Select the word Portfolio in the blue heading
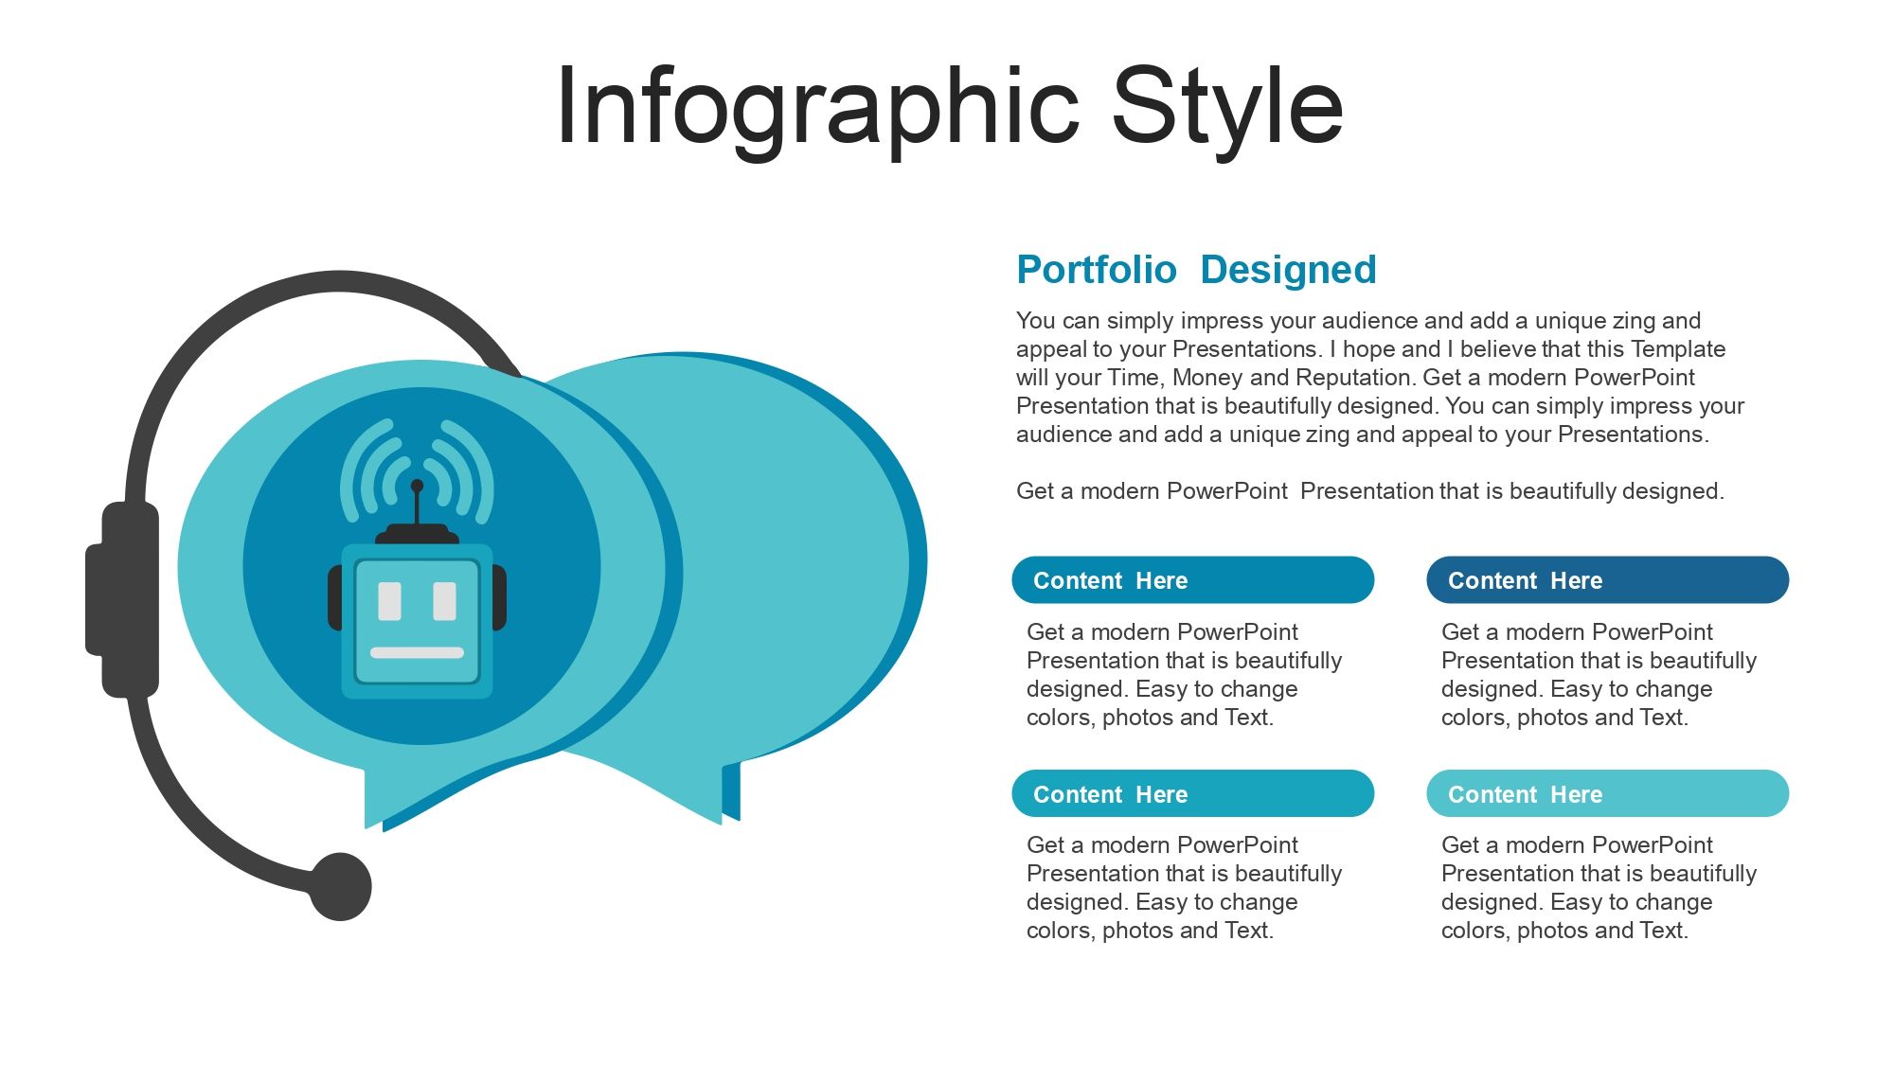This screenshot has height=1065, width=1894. click(1097, 270)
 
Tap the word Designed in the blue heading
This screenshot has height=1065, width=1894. click(1288, 270)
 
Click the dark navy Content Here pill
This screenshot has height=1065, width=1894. click(1607, 579)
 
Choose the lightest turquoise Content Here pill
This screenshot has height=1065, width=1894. click(1607, 793)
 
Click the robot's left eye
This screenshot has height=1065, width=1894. click(389, 601)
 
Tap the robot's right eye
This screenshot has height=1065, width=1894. click(444, 601)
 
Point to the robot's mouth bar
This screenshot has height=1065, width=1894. click(417, 652)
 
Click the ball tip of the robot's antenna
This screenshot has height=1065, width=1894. click(417, 486)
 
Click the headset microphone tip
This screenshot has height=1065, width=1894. click(340, 887)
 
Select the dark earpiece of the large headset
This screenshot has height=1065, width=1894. click(123, 599)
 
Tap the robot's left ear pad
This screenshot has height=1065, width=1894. click(334, 597)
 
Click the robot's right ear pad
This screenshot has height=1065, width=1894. click(500, 597)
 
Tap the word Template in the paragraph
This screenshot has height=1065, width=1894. click(1678, 348)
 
